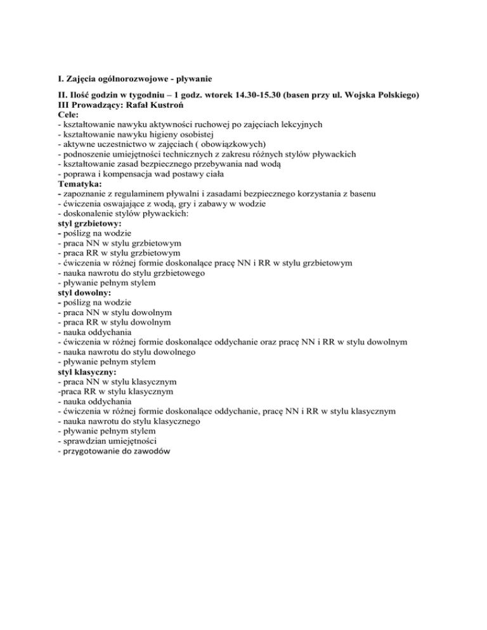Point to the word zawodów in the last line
click(x=152, y=451)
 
